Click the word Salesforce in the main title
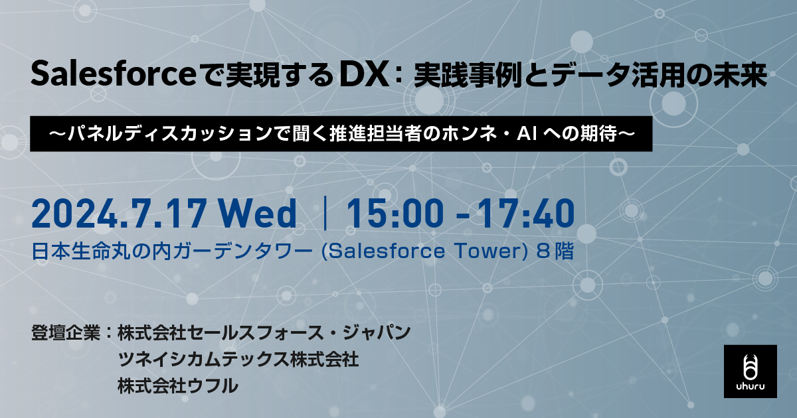click(x=114, y=74)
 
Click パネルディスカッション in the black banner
click(x=177, y=133)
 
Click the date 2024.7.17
click(x=119, y=213)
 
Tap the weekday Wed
click(x=258, y=213)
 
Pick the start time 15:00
click(x=395, y=213)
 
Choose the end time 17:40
click(x=526, y=213)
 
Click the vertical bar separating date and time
click(x=325, y=213)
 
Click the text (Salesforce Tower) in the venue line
click(x=424, y=251)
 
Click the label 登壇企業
click(x=66, y=332)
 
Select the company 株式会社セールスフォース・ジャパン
click(x=264, y=332)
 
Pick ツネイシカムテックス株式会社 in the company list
click(x=238, y=360)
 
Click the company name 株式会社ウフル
click(x=177, y=386)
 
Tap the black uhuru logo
click(x=751, y=372)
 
